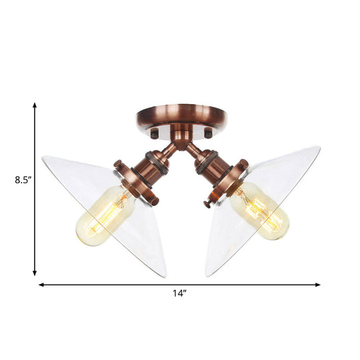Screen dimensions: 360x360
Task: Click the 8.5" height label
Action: tap(15, 179)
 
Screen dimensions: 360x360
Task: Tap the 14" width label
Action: tap(179, 293)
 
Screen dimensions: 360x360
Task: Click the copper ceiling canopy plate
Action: tap(180, 117)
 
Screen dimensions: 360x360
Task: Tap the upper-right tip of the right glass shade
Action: tap(319, 148)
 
